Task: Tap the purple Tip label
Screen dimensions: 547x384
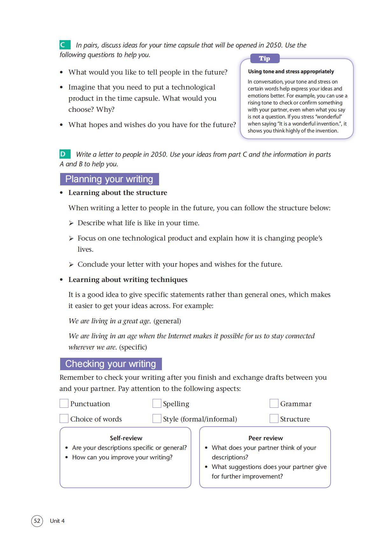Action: click(264, 59)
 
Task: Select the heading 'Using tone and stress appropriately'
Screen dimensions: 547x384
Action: click(291, 71)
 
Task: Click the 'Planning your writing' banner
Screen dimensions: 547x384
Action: click(109, 179)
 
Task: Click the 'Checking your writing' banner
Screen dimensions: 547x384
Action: click(110, 364)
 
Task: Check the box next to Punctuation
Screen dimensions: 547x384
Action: click(64, 403)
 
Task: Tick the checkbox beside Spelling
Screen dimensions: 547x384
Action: click(157, 403)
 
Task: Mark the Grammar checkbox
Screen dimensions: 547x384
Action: click(274, 403)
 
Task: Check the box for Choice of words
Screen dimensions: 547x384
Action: click(64, 419)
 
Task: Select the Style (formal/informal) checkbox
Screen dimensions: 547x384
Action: click(157, 419)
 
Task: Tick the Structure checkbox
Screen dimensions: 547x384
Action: click(274, 419)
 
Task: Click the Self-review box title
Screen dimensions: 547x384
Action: click(126, 438)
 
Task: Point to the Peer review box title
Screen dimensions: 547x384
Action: click(266, 438)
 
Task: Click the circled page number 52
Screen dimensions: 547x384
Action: click(37, 521)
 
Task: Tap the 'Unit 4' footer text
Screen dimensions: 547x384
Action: click(57, 521)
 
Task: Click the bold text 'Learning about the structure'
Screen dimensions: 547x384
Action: click(118, 193)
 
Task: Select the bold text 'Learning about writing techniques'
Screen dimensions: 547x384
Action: click(128, 280)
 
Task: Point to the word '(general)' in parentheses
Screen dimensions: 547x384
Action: click(167, 321)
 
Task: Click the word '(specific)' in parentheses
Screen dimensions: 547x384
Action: click(133, 347)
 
